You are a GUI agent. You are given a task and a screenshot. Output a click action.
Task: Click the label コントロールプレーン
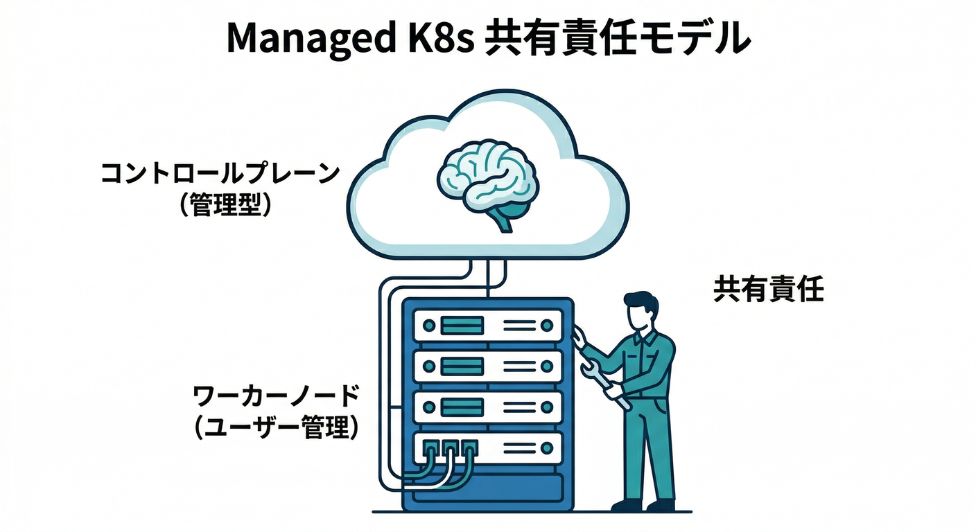click(220, 173)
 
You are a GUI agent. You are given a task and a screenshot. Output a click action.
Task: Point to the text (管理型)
click(220, 206)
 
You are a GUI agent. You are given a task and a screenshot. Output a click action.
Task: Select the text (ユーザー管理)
click(276, 428)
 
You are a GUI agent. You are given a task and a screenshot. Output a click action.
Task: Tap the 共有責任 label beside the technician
click(768, 290)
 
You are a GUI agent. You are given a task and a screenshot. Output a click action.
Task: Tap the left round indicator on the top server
click(428, 324)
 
